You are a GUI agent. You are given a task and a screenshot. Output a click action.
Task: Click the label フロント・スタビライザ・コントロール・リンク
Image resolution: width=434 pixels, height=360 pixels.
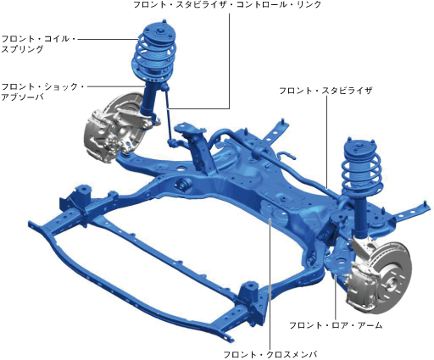[227, 4]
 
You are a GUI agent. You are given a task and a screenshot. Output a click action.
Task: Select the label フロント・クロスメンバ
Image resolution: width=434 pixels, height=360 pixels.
[270, 354]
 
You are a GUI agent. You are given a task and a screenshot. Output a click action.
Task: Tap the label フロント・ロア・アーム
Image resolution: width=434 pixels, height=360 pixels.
[336, 325]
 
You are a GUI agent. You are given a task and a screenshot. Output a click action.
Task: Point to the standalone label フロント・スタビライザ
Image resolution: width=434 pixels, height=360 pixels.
[325, 91]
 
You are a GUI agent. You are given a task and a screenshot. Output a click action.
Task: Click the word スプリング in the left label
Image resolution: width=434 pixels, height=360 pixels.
[22, 49]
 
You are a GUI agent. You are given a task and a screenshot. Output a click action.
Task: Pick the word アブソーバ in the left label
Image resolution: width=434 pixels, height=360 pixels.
[22, 97]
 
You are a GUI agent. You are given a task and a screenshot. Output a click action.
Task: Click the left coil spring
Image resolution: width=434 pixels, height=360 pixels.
[154, 58]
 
